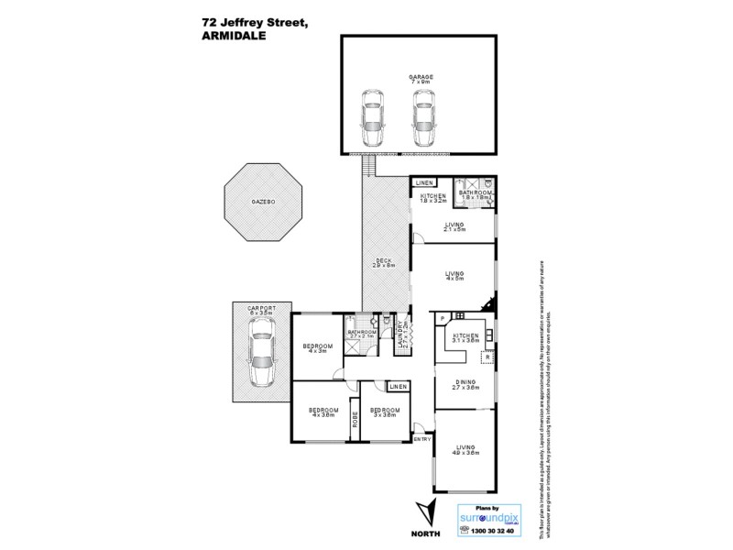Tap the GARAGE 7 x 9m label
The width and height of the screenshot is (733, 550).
pyautogui.click(x=421, y=80)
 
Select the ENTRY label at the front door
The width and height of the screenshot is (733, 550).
pyautogui.click(x=421, y=440)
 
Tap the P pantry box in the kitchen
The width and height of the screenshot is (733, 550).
pyautogui.click(x=442, y=318)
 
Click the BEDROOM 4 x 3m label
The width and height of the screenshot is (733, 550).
pyautogui.click(x=317, y=347)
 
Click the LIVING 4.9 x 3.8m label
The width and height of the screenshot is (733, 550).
pyautogui.click(x=465, y=449)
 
